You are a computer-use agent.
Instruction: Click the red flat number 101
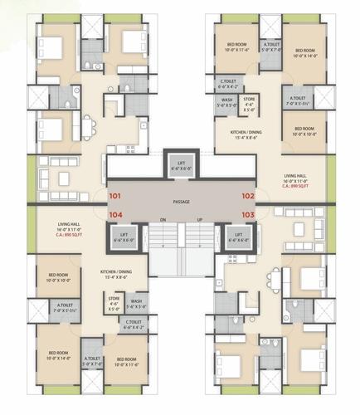click(x=114, y=197)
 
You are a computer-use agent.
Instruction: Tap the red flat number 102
click(x=246, y=197)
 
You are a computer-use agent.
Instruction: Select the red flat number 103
click(x=246, y=213)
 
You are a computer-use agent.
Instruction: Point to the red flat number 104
click(x=114, y=213)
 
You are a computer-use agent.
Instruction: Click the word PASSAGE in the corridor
click(x=181, y=202)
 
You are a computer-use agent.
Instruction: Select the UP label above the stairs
click(x=198, y=220)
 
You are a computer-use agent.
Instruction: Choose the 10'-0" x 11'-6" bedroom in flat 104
click(x=120, y=362)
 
